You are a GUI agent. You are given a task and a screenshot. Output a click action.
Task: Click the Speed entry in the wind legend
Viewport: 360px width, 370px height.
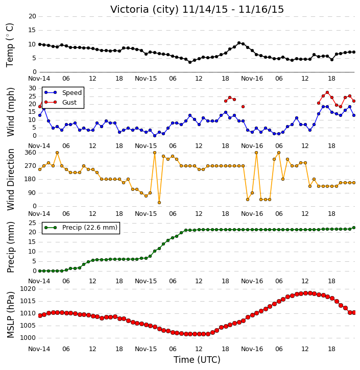63,92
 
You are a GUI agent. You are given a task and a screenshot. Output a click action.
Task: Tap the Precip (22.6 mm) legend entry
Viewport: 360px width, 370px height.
81,228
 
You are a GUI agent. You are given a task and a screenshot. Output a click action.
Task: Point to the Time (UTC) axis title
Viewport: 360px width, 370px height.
197,360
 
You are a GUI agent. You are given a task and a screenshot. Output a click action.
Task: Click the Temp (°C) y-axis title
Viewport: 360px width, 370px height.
10,45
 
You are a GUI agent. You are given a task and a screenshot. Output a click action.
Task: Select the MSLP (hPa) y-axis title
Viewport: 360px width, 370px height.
10,315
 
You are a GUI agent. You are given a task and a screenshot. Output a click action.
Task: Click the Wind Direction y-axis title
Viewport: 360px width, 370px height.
10,179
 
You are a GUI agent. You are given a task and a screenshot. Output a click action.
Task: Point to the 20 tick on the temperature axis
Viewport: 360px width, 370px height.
32,16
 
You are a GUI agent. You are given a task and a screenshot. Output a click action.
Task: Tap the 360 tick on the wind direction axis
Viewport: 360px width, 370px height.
31,153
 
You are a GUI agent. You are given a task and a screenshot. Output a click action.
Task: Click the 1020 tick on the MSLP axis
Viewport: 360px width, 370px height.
28,289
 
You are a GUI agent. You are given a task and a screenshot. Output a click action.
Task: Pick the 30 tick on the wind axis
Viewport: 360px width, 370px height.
32,88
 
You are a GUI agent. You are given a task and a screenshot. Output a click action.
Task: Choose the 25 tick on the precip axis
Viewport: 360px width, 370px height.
32,223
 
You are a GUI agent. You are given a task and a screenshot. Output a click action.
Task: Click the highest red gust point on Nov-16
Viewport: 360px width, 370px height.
327,92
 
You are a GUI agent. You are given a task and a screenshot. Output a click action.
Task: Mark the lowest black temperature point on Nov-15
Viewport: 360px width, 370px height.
190,62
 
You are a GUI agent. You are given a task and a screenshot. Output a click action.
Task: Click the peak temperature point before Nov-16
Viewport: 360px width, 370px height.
239,43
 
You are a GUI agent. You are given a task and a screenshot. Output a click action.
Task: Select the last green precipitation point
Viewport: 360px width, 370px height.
354,228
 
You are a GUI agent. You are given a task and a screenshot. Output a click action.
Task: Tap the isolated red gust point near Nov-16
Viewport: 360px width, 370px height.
243,107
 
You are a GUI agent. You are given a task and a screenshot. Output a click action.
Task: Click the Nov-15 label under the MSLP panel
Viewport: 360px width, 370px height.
146,349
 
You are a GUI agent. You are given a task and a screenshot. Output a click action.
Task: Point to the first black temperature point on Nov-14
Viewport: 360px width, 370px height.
40,44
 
